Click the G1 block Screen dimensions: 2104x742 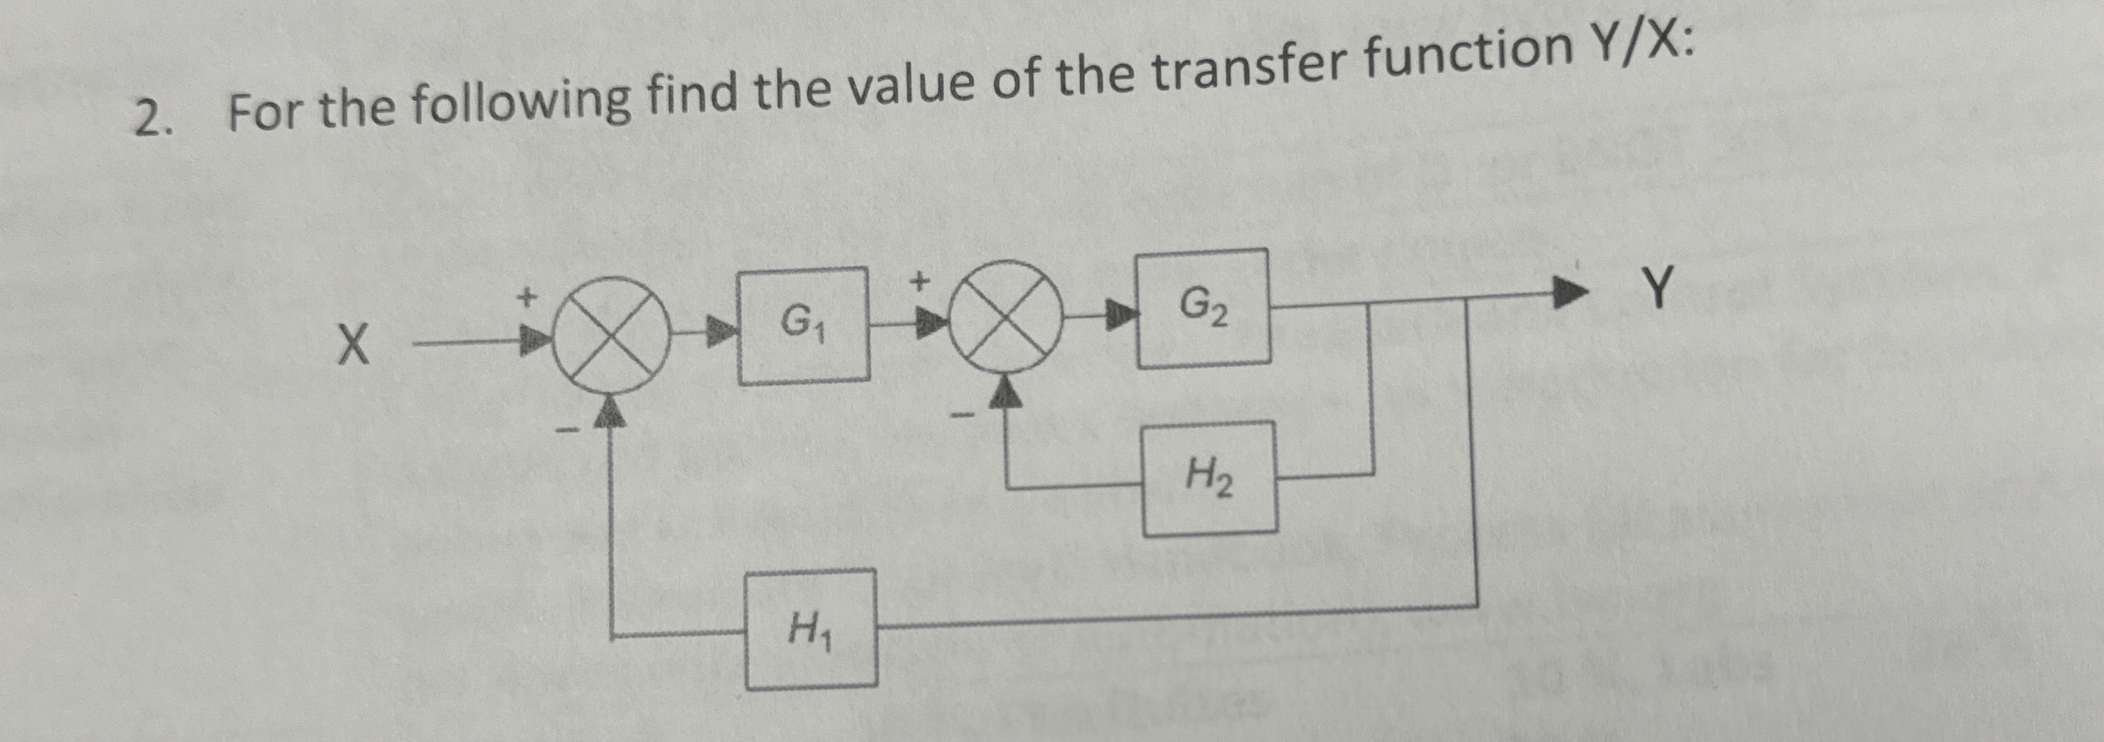[803, 326]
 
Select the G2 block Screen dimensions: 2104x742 [1203, 307]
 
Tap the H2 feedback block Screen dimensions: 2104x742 [1209, 479]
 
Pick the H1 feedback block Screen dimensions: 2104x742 [811, 630]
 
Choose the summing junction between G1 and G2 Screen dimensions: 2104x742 [1006, 318]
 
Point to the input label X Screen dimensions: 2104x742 [353, 344]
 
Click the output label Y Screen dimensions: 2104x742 [1658, 288]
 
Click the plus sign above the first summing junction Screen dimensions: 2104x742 [526, 297]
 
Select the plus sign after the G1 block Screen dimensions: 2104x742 [919, 281]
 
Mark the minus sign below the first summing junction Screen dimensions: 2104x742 [568, 430]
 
